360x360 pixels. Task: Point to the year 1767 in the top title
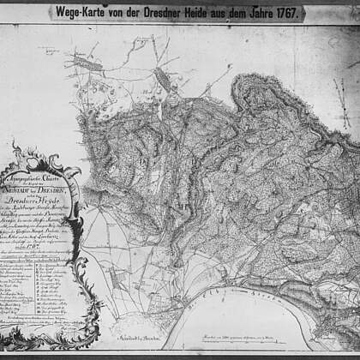pyautogui.click(x=308, y=12)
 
